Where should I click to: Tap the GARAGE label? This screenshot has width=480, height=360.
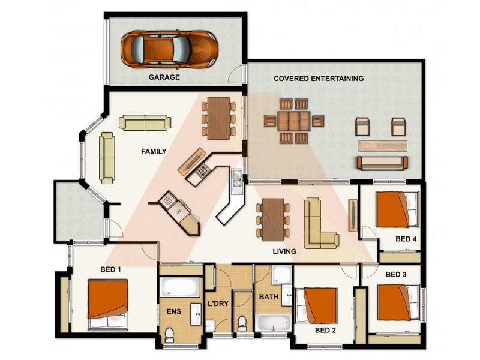[164, 77]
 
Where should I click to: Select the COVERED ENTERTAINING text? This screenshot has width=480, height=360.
[319, 79]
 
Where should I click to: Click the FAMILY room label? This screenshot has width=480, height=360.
[154, 151]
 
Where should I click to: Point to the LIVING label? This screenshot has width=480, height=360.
[284, 251]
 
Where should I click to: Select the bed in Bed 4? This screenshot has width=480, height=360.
[397, 209]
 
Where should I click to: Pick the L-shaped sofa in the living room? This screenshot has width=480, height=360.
[319, 224]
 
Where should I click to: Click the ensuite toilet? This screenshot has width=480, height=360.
[169, 333]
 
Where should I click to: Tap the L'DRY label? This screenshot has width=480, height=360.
[218, 304]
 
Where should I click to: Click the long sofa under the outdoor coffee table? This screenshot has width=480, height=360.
[382, 162]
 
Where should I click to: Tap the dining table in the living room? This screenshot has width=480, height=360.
[273, 217]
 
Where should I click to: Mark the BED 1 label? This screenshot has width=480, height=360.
[110, 269]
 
